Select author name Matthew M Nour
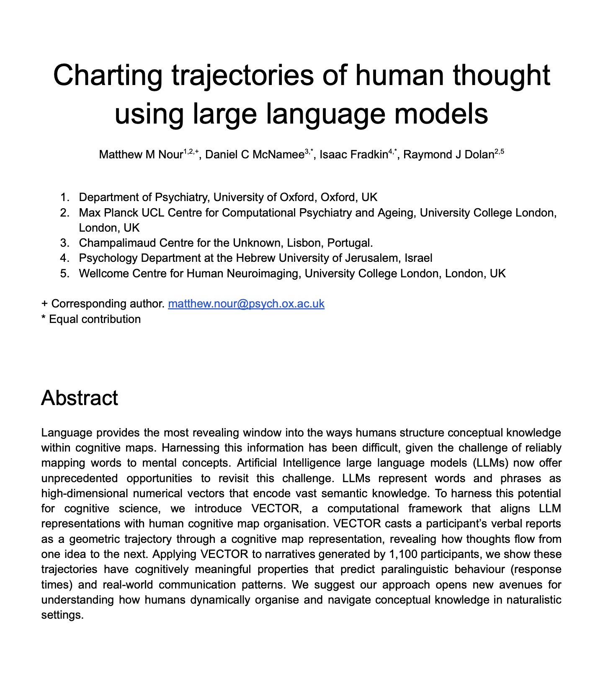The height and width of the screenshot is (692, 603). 141,155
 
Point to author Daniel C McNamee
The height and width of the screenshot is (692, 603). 255,155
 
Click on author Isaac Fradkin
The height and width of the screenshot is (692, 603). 354,155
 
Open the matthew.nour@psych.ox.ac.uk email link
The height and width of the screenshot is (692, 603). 246,304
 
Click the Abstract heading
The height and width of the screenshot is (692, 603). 80,398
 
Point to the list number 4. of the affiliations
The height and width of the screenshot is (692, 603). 64,258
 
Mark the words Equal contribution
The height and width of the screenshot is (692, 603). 95,319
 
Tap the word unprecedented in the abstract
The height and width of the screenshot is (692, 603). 79,478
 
